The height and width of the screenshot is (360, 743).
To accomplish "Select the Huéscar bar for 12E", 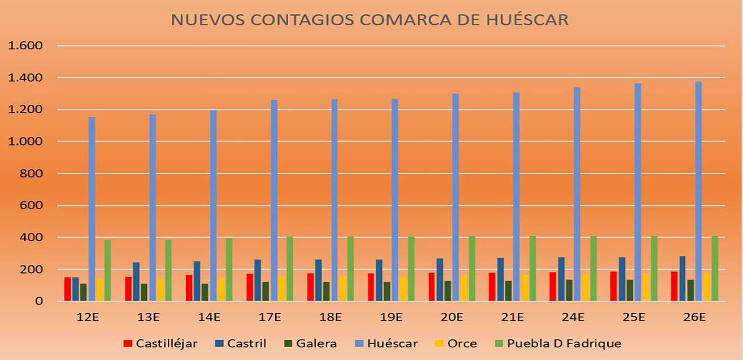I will pyautogui.click(x=92, y=209).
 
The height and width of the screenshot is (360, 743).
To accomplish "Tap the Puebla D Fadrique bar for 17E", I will pyautogui.click(x=290, y=268).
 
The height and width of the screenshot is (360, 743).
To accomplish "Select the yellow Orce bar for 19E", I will pyautogui.click(x=403, y=289).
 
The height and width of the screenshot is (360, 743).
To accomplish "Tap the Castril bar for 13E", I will pyautogui.click(x=136, y=282).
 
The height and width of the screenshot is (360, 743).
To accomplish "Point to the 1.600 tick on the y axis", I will pyautogui.click(x=25, y=46).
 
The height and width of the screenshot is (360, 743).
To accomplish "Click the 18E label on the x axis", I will pyautogui.click(x=330, y=317).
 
